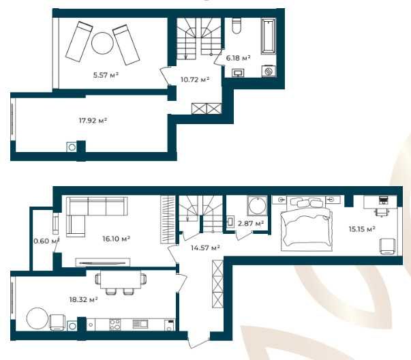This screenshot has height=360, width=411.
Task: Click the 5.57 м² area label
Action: tap(106, 75)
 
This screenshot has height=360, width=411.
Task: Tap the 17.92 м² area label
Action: tap(93, 121)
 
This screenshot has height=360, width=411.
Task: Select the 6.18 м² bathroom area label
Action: tap(238, 58)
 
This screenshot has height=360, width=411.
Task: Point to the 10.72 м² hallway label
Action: tap(195, 79)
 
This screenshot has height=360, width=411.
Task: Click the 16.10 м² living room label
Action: tap(117, 239)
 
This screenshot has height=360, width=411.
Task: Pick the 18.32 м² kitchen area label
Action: tap(84, 299)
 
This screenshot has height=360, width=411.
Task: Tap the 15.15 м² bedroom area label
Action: tap(362, 229)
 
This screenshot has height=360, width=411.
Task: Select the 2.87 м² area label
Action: tap(251, 224)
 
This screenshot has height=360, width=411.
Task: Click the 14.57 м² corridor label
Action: tap(205, 247)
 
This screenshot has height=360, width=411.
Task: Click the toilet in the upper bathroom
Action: tap(237, 25)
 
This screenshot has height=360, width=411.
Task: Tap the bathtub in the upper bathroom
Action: tap(269, 36)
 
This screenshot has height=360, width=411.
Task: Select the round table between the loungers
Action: tap(102, 43)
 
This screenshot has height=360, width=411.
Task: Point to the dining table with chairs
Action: tap(121, 282)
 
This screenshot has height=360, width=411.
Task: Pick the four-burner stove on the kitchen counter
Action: tap(115, 324)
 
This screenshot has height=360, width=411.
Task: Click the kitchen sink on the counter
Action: tap(140, 324)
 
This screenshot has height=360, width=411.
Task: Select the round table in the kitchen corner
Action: tap(37, 318)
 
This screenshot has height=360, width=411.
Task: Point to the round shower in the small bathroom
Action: tap(257, 206)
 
